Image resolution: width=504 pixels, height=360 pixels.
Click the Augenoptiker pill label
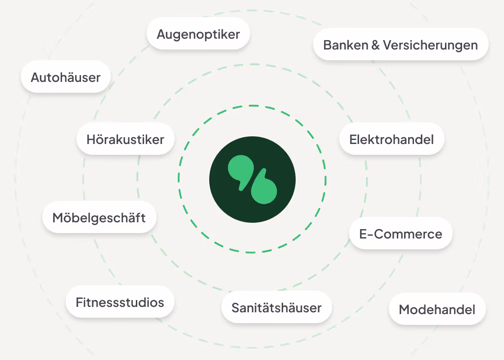tap(198, 34)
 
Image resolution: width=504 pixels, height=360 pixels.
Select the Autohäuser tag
tap(66, 77)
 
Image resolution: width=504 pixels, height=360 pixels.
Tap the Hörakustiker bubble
tap(125, 139)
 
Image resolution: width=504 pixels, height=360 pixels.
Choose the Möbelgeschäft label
tap(99, 218)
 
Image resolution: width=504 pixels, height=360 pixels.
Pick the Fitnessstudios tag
tap(120, 302)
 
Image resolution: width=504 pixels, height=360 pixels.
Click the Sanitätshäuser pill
tap(276, 308)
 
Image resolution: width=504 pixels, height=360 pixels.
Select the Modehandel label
tap(437, 309)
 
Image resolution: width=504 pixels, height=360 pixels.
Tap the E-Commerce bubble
tap(400, 234)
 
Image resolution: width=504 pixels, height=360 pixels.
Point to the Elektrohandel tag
tap(391, 139)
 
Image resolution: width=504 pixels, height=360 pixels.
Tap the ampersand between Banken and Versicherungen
tap(376, 45)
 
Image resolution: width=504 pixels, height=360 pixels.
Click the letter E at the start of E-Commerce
tap(363, 234)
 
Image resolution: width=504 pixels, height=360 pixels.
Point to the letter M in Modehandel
tap(405, 309)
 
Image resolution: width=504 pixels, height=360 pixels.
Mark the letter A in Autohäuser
tap(36, 77)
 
